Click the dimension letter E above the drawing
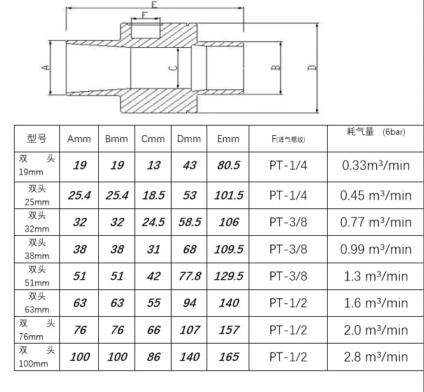154,4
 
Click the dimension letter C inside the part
170,68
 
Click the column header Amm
79,138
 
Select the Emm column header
228,138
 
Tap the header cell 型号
37,138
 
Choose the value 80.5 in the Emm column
228,165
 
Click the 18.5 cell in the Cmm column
153,196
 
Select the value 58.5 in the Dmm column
190,222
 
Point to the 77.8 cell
190,276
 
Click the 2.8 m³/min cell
375,357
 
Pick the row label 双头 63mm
37,302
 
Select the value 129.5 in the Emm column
228,276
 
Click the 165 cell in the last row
228,357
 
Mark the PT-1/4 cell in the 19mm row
288,165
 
